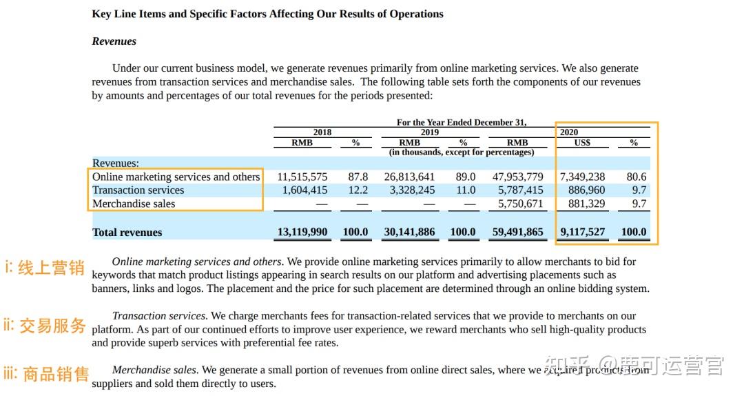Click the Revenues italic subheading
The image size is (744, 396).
114,41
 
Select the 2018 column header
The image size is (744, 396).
322,132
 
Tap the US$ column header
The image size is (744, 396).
582,143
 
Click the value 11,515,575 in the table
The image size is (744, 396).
302,177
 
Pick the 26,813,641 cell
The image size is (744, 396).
409,177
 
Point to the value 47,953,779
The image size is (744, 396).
517,177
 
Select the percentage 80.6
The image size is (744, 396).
637,177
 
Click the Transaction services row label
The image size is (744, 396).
138,190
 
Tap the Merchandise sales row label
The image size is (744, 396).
134,204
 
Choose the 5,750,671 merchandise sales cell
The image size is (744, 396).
521,204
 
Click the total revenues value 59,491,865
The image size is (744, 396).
517,232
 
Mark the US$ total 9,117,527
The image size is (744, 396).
583,232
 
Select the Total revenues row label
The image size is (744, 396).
127,232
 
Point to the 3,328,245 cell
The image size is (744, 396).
413,190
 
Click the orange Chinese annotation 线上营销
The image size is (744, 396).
51,268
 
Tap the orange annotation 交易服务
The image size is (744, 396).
52,326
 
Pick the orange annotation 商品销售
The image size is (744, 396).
56,374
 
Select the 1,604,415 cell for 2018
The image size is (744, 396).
305,190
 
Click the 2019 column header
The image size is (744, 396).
430,132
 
